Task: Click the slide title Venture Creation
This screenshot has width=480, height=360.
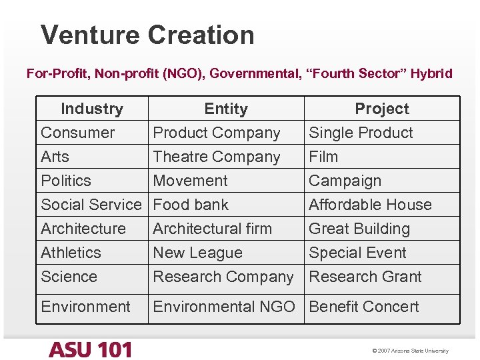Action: click(147, 35)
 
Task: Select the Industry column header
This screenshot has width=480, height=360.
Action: click(92, 109)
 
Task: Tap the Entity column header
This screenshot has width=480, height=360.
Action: click(226, 109)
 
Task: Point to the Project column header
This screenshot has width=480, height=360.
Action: click(382, 109)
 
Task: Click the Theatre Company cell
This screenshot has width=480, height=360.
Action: click(217, 157)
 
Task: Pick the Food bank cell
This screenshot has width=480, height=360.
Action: click(191, 205)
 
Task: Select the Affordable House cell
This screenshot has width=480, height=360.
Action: click(370, 205)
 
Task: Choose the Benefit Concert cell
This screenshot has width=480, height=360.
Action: click(364, 307)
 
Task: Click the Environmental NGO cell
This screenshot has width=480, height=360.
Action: click(224, 307)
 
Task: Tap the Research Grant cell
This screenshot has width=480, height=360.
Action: click(365, 277)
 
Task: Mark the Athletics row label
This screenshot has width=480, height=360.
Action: click(71, 253)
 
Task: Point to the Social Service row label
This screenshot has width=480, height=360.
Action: click(91, 205)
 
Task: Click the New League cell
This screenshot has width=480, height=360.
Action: click(197, 253)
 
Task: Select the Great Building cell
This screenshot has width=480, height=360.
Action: click(359, 229)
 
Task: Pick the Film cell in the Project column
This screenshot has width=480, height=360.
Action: click(323, 157)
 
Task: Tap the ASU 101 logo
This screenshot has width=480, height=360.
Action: click(91, 349)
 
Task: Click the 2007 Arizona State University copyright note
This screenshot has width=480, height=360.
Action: click(411, 351)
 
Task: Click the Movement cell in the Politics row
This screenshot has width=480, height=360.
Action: click(190, 181)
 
